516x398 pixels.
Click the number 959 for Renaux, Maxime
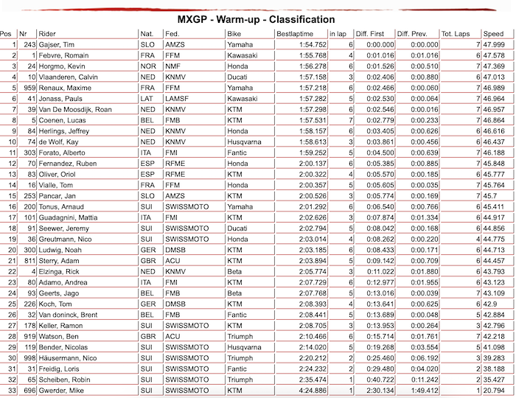coord(29,88)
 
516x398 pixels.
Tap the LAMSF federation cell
coord(177,98)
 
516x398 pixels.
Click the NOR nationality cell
coord(147,66)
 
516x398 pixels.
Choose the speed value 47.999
coord(494,45)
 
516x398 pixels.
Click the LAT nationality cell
coord(147,98)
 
